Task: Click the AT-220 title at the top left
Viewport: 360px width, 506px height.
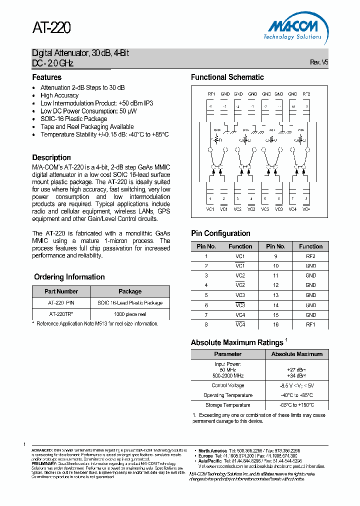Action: click(x=51, y=28)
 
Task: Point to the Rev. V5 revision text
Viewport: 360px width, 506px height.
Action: click(x=319, y=62)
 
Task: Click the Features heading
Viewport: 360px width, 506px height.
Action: click(x=47, y=77)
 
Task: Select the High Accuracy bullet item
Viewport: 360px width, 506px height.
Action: click(x=59, y=95)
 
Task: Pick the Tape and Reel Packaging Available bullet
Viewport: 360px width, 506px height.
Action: click(x=87, y=127)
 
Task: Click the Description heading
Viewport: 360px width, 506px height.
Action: click(x=51, y=157)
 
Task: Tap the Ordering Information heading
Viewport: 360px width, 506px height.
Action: click(x=69, y=277)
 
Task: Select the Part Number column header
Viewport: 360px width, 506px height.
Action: click(x=61, y=291)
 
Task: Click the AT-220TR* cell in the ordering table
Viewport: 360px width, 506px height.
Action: click(x=61, y=314)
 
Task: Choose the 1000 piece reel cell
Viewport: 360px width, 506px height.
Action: click(x=130, y=314)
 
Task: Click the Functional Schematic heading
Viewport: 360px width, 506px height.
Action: click(x=227, y=77)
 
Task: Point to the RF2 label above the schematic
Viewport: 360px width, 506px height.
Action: click(x=306, y=94)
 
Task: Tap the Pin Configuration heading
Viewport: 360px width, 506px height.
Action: click(x=220, y=233)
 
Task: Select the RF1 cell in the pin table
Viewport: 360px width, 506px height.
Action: click(x=310, y=324)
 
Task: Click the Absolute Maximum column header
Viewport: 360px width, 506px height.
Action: click(x=296, y=354)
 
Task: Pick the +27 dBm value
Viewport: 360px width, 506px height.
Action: click(x=296, y=370)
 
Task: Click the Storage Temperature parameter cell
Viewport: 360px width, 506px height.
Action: click(x=227, y=405)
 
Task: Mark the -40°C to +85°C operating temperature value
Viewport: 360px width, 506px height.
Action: click(x=296, y=395)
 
